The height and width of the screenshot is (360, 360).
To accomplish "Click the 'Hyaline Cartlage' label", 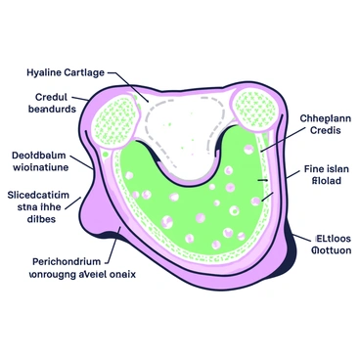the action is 67,72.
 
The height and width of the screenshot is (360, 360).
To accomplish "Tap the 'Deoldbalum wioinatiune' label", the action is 44,160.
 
